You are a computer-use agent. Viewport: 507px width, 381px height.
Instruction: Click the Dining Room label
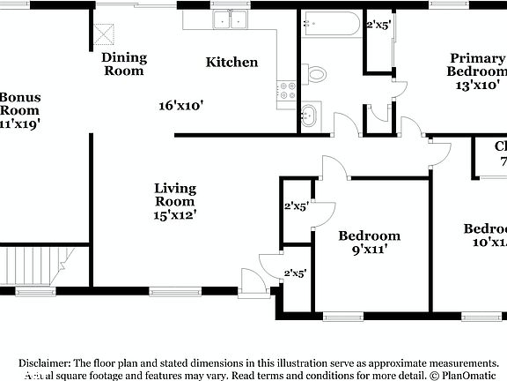point(124,64)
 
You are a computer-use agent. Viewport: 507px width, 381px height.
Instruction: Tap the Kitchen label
point(231,62)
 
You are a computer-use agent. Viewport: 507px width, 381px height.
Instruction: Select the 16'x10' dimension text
point(181,106)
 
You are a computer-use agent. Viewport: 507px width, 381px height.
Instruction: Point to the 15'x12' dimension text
point(175,213)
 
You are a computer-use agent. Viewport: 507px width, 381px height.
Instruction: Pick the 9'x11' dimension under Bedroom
point(370,250)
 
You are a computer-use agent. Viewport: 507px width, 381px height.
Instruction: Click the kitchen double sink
point(231,19)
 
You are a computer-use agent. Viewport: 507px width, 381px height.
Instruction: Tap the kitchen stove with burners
point(286,89)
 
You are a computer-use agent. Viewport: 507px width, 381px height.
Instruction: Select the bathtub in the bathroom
point(330,24)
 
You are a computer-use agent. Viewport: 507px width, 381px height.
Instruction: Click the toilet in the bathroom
point(315,72)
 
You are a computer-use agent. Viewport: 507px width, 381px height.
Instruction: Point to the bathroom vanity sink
point(309,114)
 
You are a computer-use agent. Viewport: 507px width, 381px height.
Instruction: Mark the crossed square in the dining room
point(107,34)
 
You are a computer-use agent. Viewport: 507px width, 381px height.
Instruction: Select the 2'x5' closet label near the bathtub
point(379,25)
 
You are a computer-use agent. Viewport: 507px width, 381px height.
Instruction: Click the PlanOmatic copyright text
point(464,375)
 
